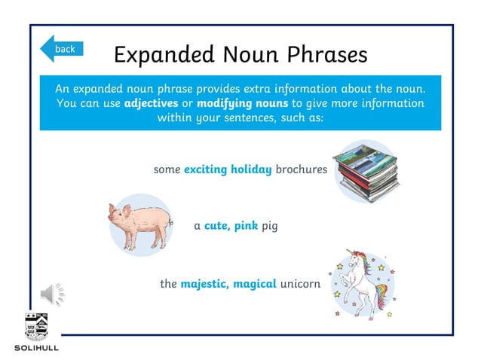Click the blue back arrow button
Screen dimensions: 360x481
[x=61, y=49]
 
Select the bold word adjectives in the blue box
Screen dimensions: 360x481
[x=151, y=103]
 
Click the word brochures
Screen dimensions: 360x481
[x=301, y=169]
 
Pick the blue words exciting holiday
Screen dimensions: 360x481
[x=228, y=169]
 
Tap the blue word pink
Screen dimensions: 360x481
[x=246, y=226]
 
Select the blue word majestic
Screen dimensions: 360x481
[x=204, y=284]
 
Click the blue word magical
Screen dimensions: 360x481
[x=255, y=284]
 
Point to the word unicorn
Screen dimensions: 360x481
[x=300, y=284]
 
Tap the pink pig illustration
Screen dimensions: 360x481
[x=140, y=224]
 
